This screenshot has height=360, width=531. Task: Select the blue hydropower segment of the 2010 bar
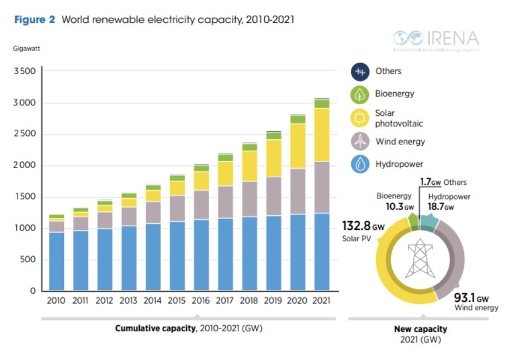[56, 261]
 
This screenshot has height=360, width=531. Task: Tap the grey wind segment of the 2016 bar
[201, 204]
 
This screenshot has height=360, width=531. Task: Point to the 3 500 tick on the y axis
[24, 72]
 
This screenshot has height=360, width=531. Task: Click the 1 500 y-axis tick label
[24, 197]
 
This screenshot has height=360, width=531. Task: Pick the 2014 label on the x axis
[153, 300]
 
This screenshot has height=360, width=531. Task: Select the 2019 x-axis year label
[273, 300]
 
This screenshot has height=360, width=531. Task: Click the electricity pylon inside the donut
[421, 258]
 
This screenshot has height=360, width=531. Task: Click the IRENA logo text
[454, 38]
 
